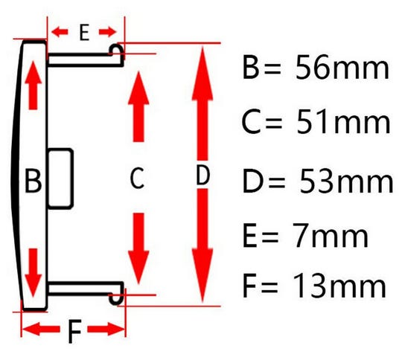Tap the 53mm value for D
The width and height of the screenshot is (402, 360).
click(x=346, y=181)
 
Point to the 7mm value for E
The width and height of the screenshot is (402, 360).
click(x=331, y=235)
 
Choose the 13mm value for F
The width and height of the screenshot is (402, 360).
click(x=339, y=285)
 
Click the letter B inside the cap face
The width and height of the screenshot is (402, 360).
click(x=33, y=181)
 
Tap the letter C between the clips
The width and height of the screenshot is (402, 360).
click(x=137, y=178)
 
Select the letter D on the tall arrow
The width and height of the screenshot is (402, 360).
click(x=202, y=175)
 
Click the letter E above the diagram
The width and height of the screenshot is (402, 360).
click(x=84, y=32)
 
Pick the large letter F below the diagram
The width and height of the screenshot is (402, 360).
click(x=74, y=331)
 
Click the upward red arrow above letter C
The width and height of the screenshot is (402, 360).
click(x=138, y=106)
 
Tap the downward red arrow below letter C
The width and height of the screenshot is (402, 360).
click(x=138, y=248)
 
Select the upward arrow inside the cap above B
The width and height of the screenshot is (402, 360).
click(x=33, y=85)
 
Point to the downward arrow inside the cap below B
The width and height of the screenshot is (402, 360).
click(x=33, y=273)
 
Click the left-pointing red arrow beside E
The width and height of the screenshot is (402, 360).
click(x=60, y=31)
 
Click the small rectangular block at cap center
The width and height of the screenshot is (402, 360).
click(x=60, y=179)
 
